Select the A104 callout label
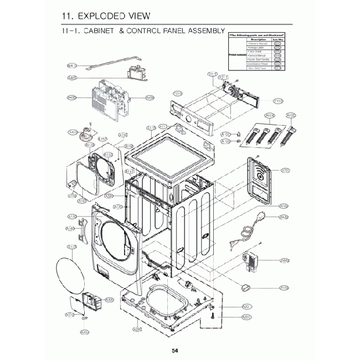[x=270, y=116]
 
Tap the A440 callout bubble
[x=285, y=260]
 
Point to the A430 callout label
[x=284, y=217]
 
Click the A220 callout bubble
[x=247, y=317]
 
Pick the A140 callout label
[x=70, y=228]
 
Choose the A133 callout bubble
[x=71, y=246]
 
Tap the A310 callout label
[x=70, y=315]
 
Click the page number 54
[x=174, y=350]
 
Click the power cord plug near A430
[x=233, y=241]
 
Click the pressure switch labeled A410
[x=86, y=132]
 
